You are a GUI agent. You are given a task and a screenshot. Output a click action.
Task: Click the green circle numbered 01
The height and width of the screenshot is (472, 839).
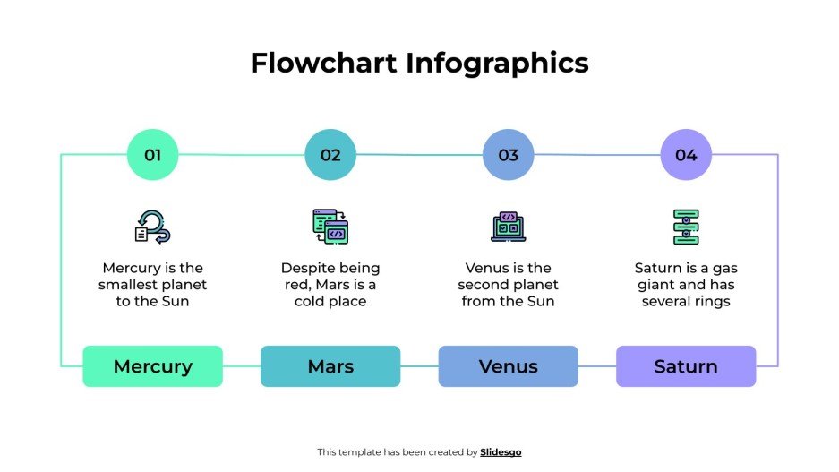(x=152, y=155)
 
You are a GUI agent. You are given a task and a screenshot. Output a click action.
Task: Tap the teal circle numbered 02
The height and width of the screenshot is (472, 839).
(x=330, y=155)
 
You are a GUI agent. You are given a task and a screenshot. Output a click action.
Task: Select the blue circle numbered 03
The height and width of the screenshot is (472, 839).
(x=508, y=155)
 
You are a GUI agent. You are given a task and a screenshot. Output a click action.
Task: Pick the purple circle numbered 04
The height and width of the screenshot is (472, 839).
(x=686, y=155)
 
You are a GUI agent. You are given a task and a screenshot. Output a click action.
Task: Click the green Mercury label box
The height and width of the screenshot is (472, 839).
(x=152, y=366)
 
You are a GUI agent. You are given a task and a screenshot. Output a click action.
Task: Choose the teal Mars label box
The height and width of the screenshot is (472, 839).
(x=330, y=366)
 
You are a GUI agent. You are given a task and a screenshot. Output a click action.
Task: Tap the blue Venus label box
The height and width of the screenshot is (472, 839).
(x=508, y=366)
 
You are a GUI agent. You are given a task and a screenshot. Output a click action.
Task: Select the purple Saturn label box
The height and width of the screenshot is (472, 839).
(x=686, y=366)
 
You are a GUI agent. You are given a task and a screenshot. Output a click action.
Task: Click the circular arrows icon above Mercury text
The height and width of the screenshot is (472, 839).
(x=152, y=227)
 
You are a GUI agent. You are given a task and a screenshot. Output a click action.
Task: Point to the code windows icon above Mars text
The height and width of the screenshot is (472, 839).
(x=330, y=227)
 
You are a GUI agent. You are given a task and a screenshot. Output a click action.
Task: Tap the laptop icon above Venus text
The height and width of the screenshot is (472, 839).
(x=508, y=227)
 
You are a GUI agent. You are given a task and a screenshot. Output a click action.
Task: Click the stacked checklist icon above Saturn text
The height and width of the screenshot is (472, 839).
(x=686, y=227)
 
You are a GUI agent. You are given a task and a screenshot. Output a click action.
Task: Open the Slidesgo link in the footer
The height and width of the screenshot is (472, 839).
(x=501, y=452)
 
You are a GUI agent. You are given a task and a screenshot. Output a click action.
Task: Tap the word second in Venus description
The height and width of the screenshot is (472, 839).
(x=484, y=285)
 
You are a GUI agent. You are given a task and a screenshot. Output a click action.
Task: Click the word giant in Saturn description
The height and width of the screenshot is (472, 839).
(x=657, y=285)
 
